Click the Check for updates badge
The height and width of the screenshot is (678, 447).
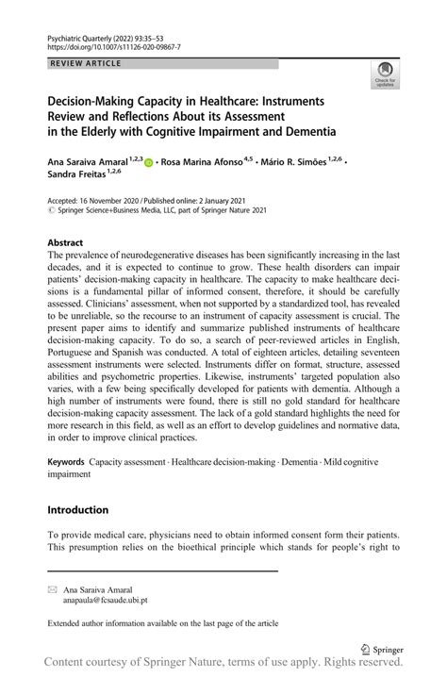pos(387,76)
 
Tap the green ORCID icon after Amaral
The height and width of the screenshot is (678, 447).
pos(149,161)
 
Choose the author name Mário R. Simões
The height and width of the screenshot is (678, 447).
pos(304,161)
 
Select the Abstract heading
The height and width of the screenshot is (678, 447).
pos(69,242)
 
